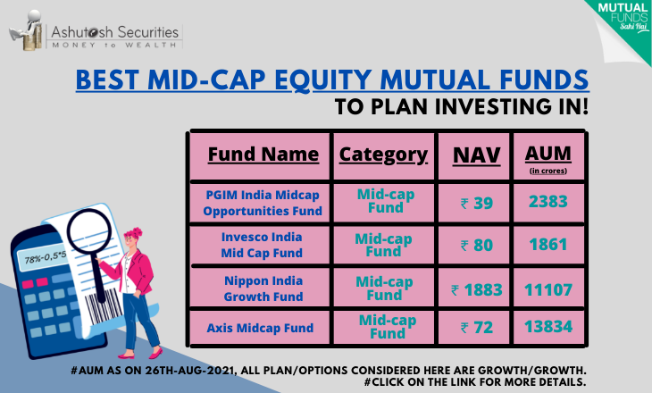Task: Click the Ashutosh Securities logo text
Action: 115,37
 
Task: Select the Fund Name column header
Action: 263,155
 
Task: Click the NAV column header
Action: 477,155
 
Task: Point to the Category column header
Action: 383,155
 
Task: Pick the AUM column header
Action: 548,158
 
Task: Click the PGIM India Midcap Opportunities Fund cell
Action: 263,203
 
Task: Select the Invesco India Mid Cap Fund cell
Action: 262,245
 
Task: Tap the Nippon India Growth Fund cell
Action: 263,288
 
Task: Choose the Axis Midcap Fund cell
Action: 260,328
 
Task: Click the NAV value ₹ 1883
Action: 477,290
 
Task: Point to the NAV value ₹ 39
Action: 477,203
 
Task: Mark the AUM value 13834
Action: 548,327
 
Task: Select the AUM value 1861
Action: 548,245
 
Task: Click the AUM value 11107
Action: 548,290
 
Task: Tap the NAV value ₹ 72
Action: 477,328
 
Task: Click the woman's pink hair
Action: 133,234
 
